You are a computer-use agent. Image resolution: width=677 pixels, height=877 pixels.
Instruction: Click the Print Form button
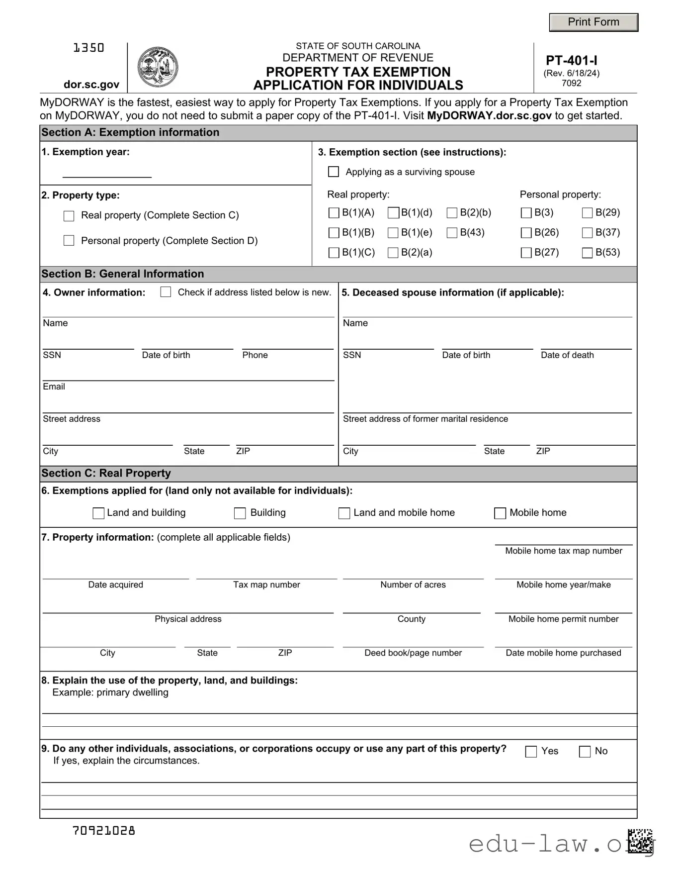pos(593,22)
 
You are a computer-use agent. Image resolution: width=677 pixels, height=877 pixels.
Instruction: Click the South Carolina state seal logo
pos(158,67)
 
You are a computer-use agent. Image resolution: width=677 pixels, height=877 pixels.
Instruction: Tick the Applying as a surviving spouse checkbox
pos(334,172)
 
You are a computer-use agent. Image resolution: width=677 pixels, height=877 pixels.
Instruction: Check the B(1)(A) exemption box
pos(334,213)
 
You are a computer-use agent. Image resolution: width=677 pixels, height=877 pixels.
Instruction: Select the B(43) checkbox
pos(452,233)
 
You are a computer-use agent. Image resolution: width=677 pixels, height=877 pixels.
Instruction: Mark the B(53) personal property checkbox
pos(587,253)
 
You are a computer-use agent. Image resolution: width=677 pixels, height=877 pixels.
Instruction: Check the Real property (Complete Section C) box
pos(69,216)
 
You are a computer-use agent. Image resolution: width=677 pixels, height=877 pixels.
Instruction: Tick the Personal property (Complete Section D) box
pos(69,241)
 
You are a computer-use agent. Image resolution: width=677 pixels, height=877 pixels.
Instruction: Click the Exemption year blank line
pos(107,172)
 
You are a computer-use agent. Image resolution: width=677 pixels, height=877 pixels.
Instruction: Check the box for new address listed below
pos(166,292)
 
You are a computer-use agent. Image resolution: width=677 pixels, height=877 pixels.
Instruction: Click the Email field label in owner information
pos(54,387)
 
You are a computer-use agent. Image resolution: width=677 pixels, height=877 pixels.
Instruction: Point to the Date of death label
pos(567,355)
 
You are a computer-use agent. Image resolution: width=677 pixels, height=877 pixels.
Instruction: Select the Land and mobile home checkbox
pos(344,513)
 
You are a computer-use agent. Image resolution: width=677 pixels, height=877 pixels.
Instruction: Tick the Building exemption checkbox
pos(240,513)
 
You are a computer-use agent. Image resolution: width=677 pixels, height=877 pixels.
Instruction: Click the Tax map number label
pos(266,585)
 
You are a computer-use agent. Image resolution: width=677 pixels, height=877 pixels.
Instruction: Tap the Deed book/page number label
pos(413,653)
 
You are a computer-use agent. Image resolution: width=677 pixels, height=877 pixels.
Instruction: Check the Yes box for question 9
pos(531,752)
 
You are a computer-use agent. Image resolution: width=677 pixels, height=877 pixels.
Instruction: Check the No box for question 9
pos(585,752)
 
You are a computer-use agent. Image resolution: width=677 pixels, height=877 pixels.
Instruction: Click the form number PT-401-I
pos(572,61)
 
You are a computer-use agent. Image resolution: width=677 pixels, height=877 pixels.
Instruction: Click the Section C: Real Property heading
pos(106,473)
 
